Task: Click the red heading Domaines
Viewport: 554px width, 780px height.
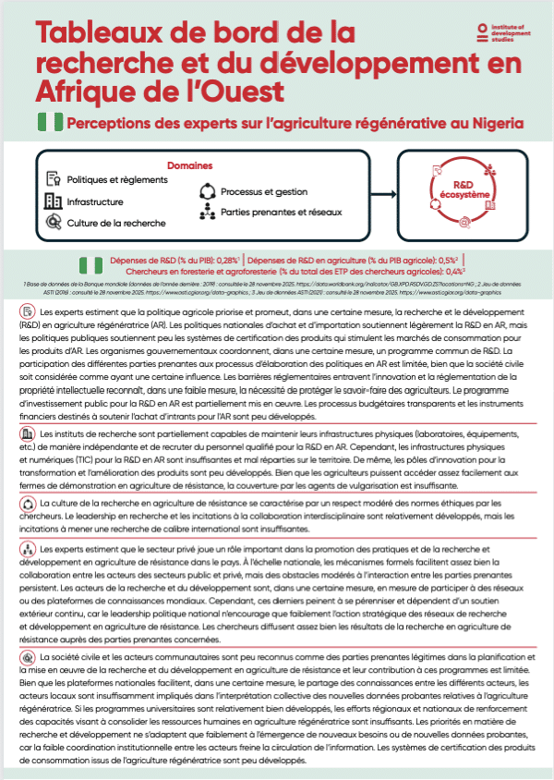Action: coord(189,166)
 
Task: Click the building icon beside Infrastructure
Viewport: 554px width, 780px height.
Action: coord(53,201)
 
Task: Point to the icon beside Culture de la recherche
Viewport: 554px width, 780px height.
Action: coord(53,223)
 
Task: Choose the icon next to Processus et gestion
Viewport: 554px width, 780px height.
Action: coord(206,192)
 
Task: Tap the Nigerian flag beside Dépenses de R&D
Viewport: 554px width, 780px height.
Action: coord(90,266)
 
